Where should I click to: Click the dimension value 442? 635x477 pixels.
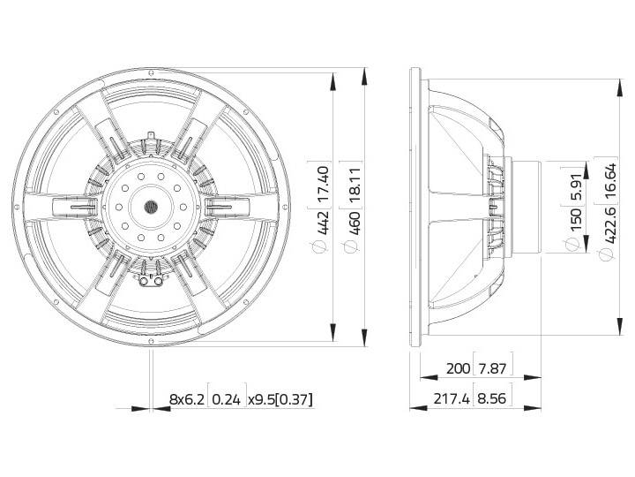[323, 223]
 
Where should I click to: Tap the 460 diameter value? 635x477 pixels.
[354, 223]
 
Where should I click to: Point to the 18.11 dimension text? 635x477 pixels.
[354, 185]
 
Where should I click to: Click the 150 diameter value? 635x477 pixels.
[575, 219]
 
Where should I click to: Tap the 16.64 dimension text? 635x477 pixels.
[609, 181]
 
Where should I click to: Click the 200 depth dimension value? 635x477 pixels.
[458, 368]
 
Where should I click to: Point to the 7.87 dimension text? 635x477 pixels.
[492, 368]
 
